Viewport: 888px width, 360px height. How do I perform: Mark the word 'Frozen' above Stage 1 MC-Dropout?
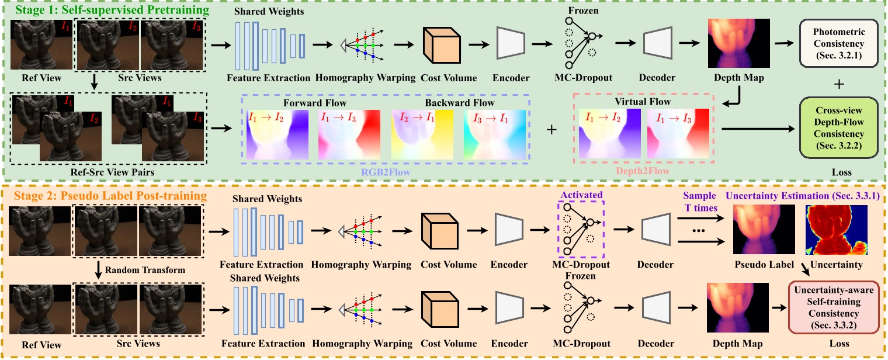pyautogui.click(x=582, y=10)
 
